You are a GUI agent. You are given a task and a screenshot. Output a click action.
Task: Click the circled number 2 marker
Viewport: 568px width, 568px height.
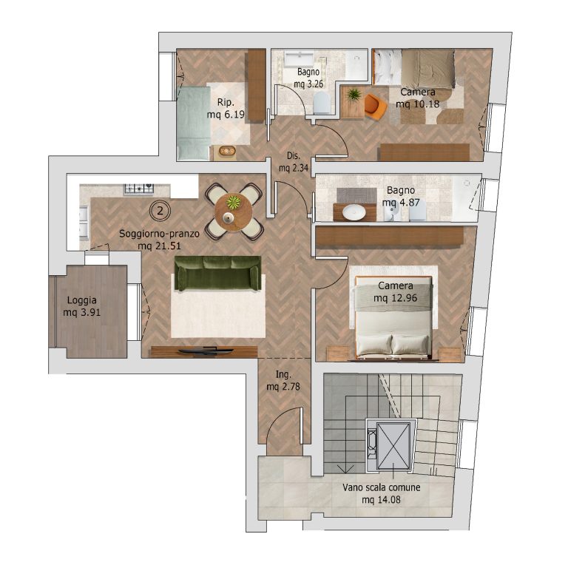[x=160, y=211]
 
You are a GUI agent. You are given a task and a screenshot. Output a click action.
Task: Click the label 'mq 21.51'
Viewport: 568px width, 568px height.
[x=159, y=246]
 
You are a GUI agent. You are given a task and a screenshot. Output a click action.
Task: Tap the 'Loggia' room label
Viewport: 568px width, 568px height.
[x=82, y=300]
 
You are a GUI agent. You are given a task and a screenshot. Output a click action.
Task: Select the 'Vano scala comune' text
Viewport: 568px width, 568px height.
[x=382, y=487]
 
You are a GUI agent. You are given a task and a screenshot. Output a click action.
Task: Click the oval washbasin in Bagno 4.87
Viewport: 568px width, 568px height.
[x=354, y=212]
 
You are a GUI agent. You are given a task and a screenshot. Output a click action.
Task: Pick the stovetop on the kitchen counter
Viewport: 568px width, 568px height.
[x=139, y=189]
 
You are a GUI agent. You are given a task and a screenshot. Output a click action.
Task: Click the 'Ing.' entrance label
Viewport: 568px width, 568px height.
[x=283, y=375]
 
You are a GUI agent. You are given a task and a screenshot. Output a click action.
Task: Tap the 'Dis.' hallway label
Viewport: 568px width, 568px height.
[x=294, y=156]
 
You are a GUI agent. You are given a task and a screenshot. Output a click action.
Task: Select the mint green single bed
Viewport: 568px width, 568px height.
[x=194, y=123]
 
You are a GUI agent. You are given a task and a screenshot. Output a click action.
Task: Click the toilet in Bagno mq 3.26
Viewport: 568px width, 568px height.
[x=322, y=103]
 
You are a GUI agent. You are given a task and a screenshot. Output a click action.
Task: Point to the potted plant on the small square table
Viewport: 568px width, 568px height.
[x=354, y=95]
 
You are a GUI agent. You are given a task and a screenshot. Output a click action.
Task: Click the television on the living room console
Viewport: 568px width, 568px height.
[x=206, y=350]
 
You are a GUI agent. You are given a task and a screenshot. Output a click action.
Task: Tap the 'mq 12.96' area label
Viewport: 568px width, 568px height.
[x=395, y=298]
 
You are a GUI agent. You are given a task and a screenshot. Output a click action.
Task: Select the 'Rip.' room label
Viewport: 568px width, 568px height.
[x=226, y=103]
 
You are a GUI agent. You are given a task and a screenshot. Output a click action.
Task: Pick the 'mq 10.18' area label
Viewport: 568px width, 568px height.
[x=417, y=104]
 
